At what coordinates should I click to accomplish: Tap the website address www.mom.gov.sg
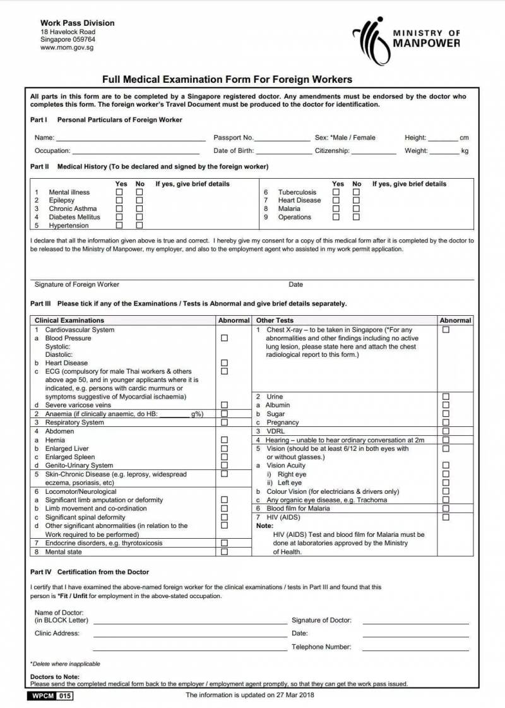[x=67, y=47]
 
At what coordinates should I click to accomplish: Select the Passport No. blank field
[x=282, y=138]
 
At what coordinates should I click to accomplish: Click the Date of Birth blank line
[x=284, y=152]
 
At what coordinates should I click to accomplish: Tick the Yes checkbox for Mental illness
[x=119, y=192]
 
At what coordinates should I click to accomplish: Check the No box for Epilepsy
[x=140, y=200]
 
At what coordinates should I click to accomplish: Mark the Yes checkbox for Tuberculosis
[x=336, y=192]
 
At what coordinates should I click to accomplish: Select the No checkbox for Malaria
[x=356, y=208]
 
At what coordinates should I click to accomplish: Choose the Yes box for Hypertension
[x=119, y=225]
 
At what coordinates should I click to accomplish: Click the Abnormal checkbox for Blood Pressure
[x=224, y=338]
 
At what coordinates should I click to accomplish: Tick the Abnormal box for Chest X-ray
[x=446, y=330]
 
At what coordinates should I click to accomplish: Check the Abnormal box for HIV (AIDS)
[x=446, y=517]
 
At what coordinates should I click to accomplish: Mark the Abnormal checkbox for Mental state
[x=224, y=551]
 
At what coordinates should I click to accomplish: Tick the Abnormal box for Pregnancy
[x=446, y=422]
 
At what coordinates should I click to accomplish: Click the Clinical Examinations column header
[x=69, y=320]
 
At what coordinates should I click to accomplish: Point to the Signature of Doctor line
[x=415, y=621]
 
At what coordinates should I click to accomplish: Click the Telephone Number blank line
[x=415, y=648]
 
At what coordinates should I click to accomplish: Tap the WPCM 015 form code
[x=50, y=696]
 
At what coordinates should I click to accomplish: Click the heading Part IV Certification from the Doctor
[x=90, y=572]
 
